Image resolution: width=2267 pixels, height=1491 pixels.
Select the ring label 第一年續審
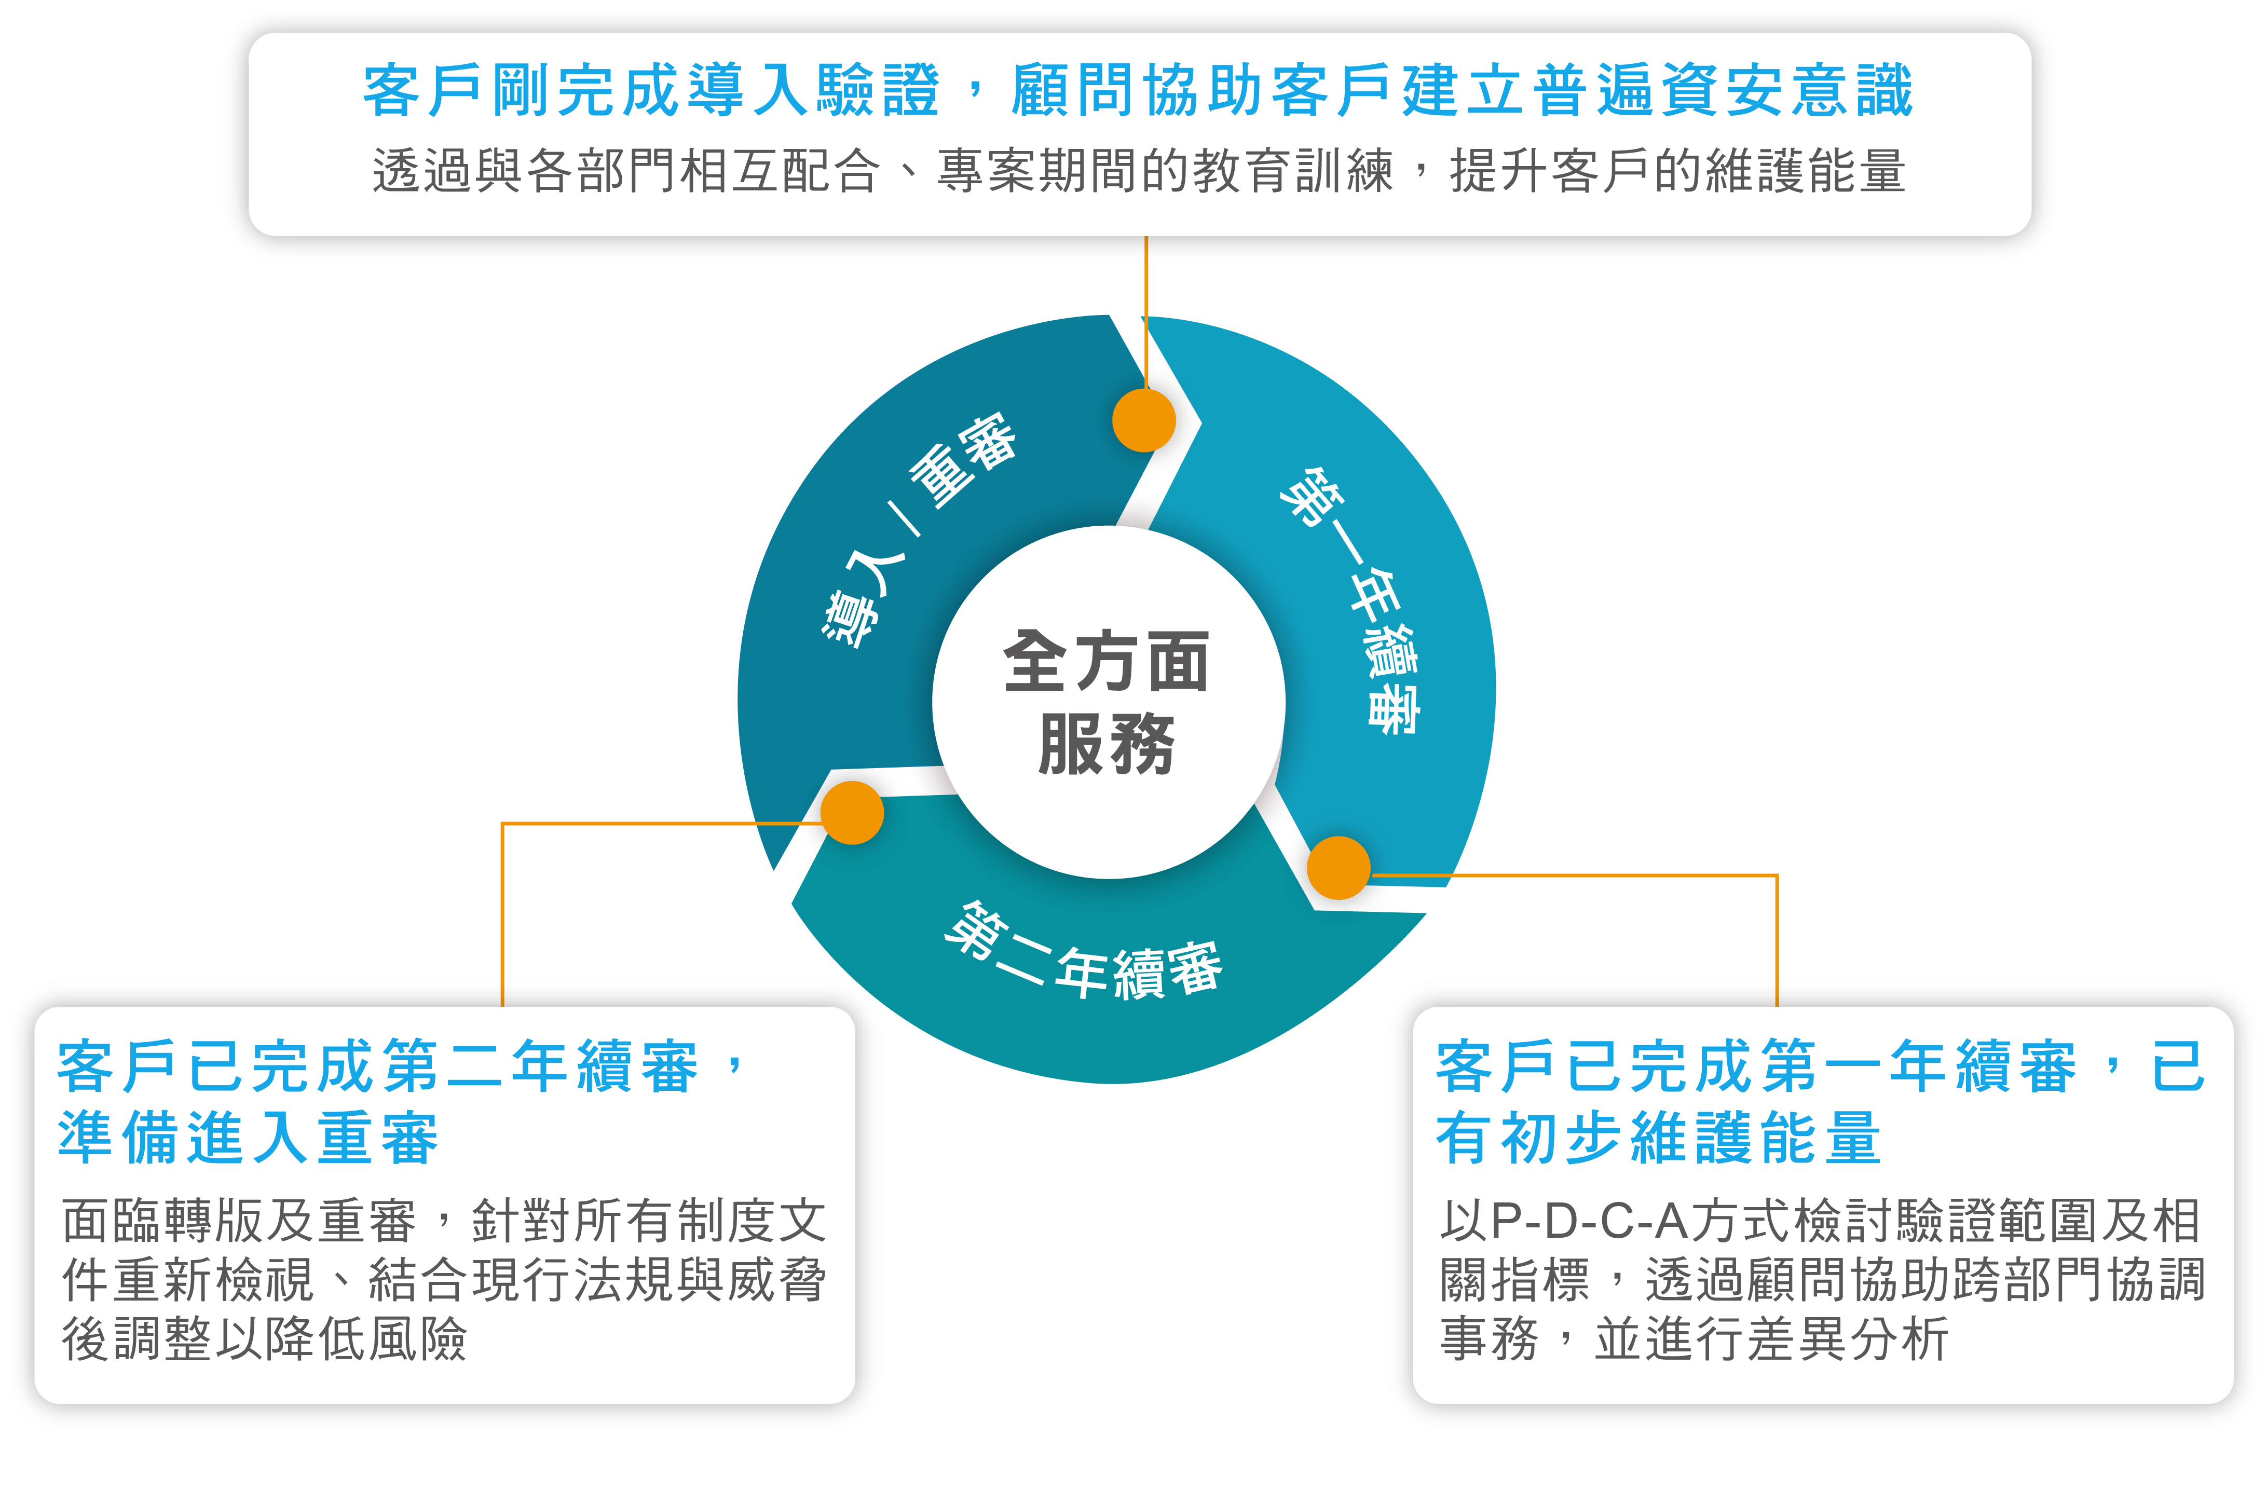click(x=1353, y=600)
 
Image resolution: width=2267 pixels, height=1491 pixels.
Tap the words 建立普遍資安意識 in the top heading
click(x=1657, y=90)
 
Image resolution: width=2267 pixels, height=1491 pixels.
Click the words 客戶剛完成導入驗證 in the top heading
click(x=652, y=90)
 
